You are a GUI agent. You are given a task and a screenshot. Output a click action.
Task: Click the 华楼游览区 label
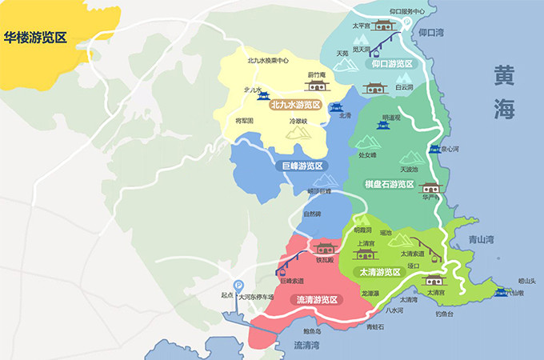pyautogui.click(x=45, y=37)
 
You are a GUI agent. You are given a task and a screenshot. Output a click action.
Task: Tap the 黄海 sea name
pyautogui.click(x=504, y=91)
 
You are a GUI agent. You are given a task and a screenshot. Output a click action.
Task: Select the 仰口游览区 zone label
pyautogui.click(x=391, y=64)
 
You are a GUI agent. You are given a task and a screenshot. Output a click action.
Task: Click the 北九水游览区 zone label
pyautogui.click(x=295, y=106)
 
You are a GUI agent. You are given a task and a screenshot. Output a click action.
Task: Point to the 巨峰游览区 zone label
pyautogui.click(x=302, y=166)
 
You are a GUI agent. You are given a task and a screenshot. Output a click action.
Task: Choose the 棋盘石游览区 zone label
pyautogui.click(x=389, y=184)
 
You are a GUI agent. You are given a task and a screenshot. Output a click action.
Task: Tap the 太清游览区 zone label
pyautogui.click(x=379, y=272)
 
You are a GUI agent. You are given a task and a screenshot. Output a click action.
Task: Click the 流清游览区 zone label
pyautogui.click(x=316, y=300)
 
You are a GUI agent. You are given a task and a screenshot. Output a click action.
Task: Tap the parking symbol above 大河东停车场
pyautogui.click(x=238, y=284)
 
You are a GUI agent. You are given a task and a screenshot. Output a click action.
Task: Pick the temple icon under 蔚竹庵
pyautogui.click(x=318, y=86)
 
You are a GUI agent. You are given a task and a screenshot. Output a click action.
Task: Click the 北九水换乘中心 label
pyautogui.click(x=268, y=60)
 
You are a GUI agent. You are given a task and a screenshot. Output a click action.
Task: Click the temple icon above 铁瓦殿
pyautogui.click(x=323, y=247)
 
